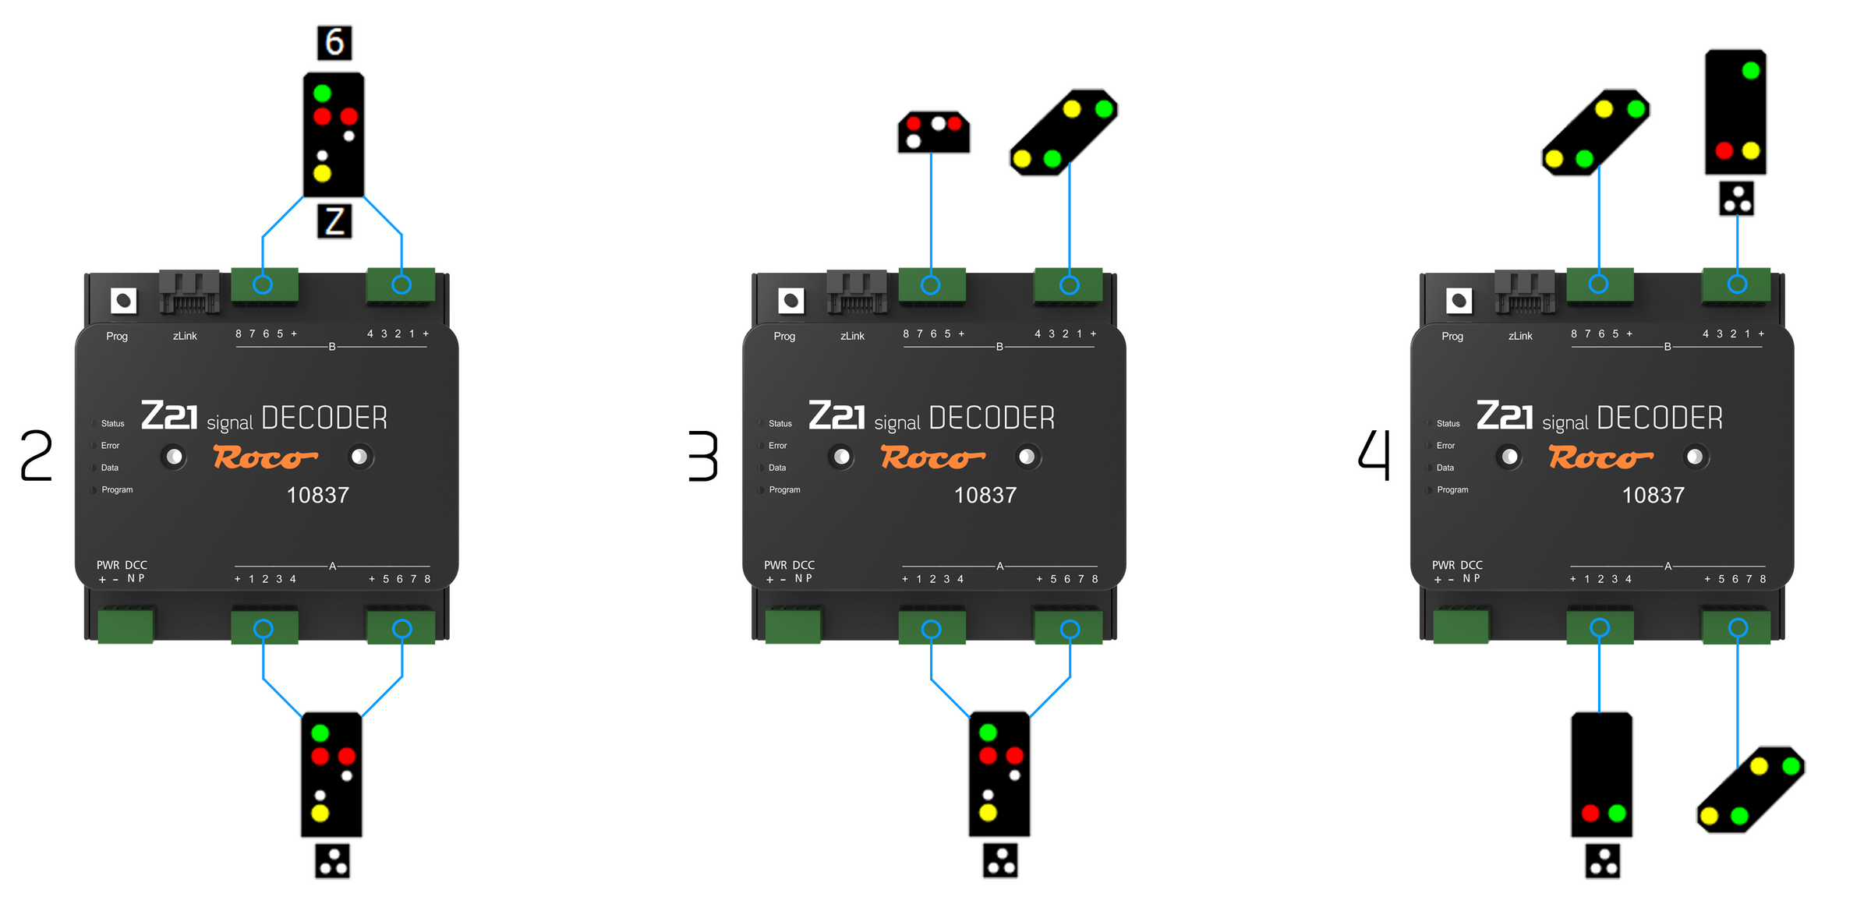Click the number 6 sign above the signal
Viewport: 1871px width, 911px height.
click(x=334, y=43)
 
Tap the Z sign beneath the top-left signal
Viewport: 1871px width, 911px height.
click(x=334, y=222)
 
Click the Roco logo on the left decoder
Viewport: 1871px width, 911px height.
click(x=265, y=457)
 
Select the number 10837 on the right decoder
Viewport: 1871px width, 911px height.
click(x=1653, y=496)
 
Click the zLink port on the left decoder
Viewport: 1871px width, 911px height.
click(x=189, y=292)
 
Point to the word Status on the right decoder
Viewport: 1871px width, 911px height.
click(x=1448, y=424)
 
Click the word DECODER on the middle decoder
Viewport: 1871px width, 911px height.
click(x=992, y=418)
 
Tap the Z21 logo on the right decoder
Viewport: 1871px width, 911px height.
click(x=1504, y=415)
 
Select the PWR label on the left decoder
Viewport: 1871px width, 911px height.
click(x=108, y=565)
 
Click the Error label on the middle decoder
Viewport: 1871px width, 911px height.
click(x=777, y=446)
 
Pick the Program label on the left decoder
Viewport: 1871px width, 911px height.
click(x=117, y=490)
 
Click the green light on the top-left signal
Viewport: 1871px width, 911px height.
click(x=322, y=94)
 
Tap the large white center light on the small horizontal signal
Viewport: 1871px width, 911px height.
click(x=938, y=123)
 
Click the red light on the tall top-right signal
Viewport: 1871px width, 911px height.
click(x=1724, y=150)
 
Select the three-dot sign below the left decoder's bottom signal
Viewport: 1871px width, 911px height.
click(x=333, y=861)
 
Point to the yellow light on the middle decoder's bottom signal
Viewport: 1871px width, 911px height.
click(x=988, y=813)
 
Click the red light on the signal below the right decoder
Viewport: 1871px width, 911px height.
click(x=1590, y=813)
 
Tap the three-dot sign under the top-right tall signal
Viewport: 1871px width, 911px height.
click(x=1738, y=199)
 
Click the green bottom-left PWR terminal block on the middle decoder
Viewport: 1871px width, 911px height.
click(x=793, y=627)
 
